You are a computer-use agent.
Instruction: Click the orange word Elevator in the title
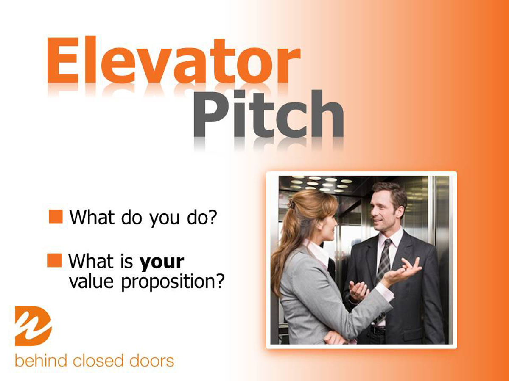click(x=174, y=60)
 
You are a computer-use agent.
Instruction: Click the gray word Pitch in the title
click(x=269, y=114)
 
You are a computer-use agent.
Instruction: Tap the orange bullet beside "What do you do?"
click(x=56, y=216)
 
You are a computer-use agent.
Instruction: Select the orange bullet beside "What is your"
click(x=54, y=260)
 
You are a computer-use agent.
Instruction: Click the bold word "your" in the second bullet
click(x=162, y=262)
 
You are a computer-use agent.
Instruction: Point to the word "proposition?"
click(x=173, y=282)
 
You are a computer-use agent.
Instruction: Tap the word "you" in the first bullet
click(x=165, y=218)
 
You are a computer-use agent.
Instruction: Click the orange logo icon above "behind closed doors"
click(x=33, y=326)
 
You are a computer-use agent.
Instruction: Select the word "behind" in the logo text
click(x=41, y=361)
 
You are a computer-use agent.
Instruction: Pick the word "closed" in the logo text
click(x=98, y=361)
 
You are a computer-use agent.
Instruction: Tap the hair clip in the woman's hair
click(x=290, y=203)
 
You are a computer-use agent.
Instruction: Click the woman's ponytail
click(x=282, y=250)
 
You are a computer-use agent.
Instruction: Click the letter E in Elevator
click(x=63, y=60)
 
